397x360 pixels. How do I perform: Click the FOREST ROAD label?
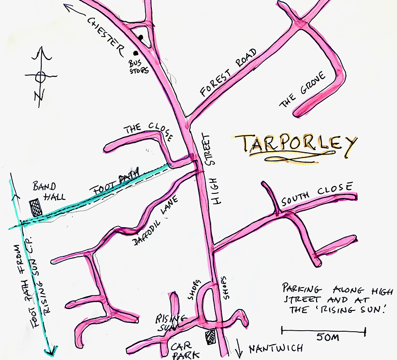(228, 72)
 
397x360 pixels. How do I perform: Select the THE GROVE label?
(303, 89)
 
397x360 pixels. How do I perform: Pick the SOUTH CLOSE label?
(316, 194)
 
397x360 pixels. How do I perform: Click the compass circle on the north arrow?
(41, 76)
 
